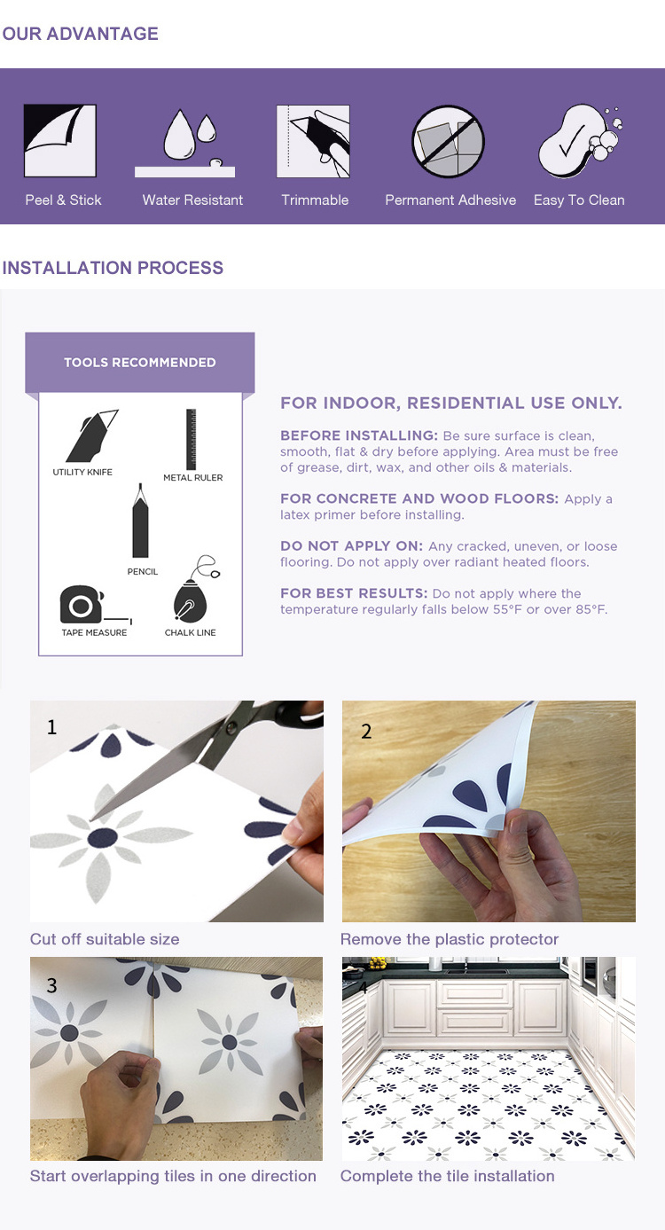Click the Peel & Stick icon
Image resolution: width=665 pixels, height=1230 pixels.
(60, 141)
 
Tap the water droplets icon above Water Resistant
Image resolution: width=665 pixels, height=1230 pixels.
(185, 143)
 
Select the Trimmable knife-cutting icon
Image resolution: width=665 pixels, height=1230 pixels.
(313, 141)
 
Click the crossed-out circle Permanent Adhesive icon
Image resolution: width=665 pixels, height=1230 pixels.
(448, 142)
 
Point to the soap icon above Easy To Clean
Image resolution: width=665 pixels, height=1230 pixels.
(579, 141)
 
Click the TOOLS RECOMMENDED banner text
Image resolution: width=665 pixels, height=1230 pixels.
(140, 363)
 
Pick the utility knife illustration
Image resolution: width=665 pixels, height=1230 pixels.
(91, 435)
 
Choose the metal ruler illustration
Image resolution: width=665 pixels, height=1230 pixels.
(192, 439)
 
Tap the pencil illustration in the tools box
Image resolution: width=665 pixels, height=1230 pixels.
(140, 521)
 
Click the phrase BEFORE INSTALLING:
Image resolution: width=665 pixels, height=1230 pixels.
(359, 435)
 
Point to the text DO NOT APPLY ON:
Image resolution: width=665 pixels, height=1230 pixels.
(351, 545)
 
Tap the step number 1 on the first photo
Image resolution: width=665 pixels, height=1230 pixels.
(51, 727)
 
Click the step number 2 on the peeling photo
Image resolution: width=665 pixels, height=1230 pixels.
(366, 731)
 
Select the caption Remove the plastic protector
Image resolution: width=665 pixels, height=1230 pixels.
(450, 939)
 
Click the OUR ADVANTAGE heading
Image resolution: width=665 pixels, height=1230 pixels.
(80, 34)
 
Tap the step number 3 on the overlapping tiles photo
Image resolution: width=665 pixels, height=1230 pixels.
(51, 985)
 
